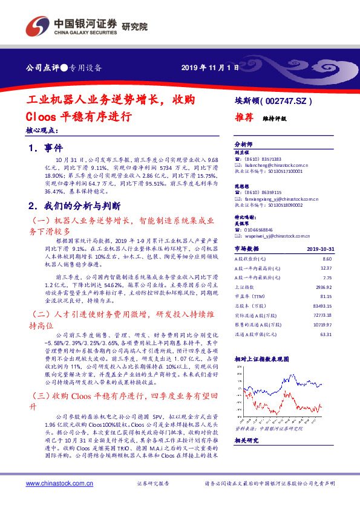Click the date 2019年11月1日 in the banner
206,67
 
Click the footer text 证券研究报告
154,484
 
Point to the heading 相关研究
246,440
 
